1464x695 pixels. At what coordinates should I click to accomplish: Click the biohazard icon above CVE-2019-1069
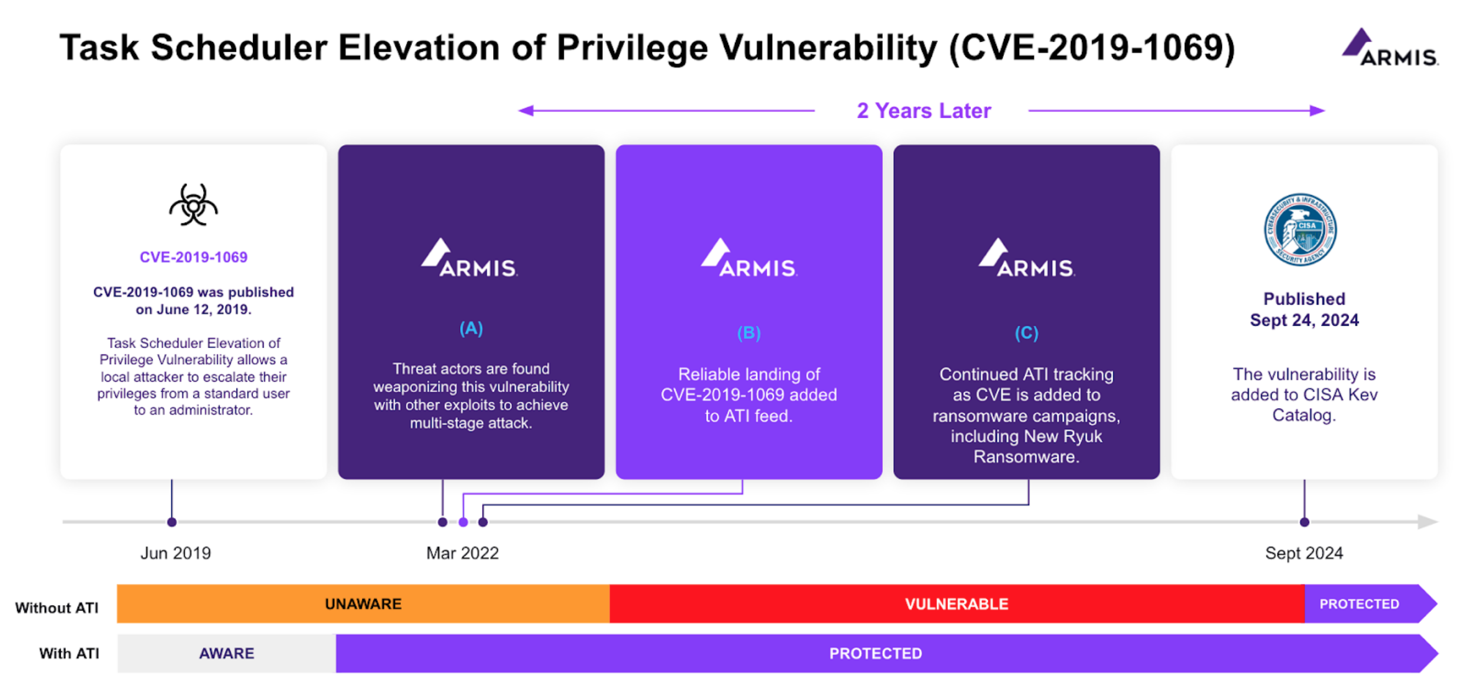pyautogui.click(x=194, y=205)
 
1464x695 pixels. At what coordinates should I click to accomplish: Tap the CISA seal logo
pyautogui.click(x=1300, y=230)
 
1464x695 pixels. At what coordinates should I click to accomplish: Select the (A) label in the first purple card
pyautogui.click(x=471, y=328)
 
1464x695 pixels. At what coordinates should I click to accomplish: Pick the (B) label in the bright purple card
pyautogui.click(x=749, y=333)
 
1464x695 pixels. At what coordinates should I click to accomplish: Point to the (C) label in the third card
pyautogui.click(x=1027, y=333)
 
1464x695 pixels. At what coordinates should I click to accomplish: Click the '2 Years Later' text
pyautogui.click(x=924, y=111)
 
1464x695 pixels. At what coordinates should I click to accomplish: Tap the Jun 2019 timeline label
pyautogui.click(x=175, y=553)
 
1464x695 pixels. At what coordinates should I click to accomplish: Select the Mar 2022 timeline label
pyautogui.click(x=463, y=553)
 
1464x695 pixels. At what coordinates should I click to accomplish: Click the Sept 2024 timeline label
pyautogui.click(x=1304, y=553)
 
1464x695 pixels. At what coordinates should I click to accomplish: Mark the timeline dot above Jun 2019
pyautogui.click(x=172, y=522)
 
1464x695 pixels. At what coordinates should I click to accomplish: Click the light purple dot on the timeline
pyautogui.click(x=464, y=522)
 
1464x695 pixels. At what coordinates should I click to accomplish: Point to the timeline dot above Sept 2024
pyautogui.click(x=1305, y=522)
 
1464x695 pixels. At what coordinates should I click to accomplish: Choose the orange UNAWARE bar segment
pyautogui.click(x=363, y=604)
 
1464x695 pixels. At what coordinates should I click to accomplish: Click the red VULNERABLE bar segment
pyautogui.click(x=957, y=604)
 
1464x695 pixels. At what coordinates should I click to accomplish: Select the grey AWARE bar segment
pyautogui.click(x=227, y=653)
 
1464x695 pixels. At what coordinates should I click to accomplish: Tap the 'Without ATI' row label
pyautogui.click(x=57, y=608)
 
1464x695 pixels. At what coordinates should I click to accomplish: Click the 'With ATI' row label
pyautogui.click(x=69, y=653)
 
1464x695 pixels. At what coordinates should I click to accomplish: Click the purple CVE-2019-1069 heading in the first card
pyautogui.click(x=194, y=257)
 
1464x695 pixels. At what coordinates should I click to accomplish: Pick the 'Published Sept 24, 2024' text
pyautogui.click(x=1305, y=309)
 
